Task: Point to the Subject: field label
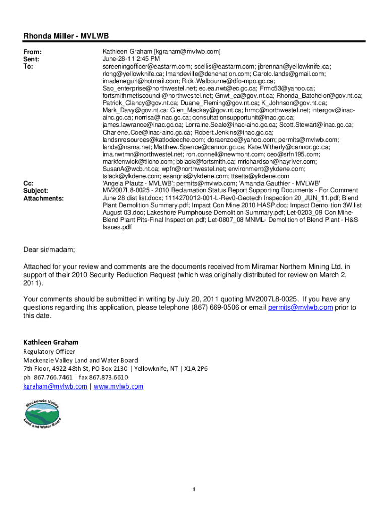(37, 191)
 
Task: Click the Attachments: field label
(44, 198)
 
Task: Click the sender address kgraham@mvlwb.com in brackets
(187, 52)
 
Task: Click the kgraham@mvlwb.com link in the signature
(54, 386)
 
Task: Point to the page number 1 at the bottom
(194, 490)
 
